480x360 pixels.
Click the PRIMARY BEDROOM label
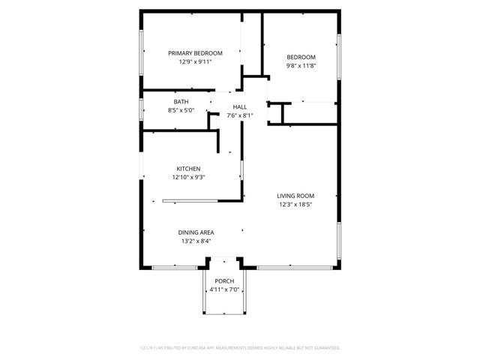(x=195, y=53)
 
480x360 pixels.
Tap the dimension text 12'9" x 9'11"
(x=195, y=62)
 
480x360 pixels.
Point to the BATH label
(x=181, y=102)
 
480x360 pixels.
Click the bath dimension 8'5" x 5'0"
(x=181, y=110)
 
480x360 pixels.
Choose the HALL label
(x=239, y=107)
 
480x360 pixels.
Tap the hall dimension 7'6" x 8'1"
(x=239, y=115)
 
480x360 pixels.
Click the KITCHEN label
(x=188, y=169)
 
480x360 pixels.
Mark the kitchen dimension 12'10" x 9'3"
(x=188, y=178)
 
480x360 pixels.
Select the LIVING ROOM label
(x=295, y=196)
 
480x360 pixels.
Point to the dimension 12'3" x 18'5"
(x=295, y=204)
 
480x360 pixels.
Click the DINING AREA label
(x=196, y=232)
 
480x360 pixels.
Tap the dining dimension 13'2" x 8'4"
(x=196, y=241)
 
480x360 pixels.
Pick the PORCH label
(x=224, y=281)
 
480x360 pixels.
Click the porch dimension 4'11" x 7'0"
(x=224, y=289)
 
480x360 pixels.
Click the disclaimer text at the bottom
(x=240, y=348)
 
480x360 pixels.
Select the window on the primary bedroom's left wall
(x=141, y=53)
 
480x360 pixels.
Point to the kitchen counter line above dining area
(x=190, y=200)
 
